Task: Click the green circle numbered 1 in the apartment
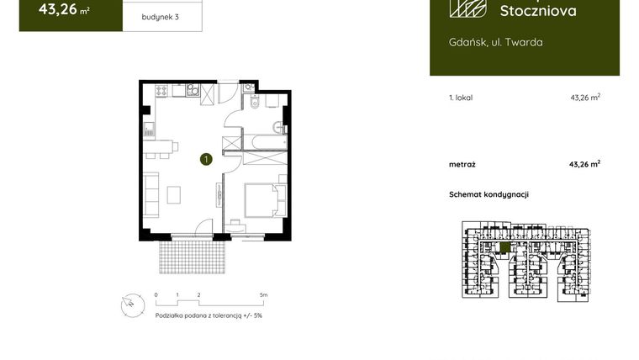click(x=206, y=157)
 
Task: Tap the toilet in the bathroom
click(x=255, y=103)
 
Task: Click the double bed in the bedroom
click(x=262, y=202)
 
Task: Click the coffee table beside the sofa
click(x=174, y=195)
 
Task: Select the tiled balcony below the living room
click(x=193, y=255)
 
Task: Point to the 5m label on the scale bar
click(x=263, y=295)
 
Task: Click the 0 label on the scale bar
click(x=156, y=295)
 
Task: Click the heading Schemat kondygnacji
click(x=488, y=194)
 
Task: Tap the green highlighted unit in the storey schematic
click(x=504, y=247)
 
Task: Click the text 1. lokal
click(x=461, y=98)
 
